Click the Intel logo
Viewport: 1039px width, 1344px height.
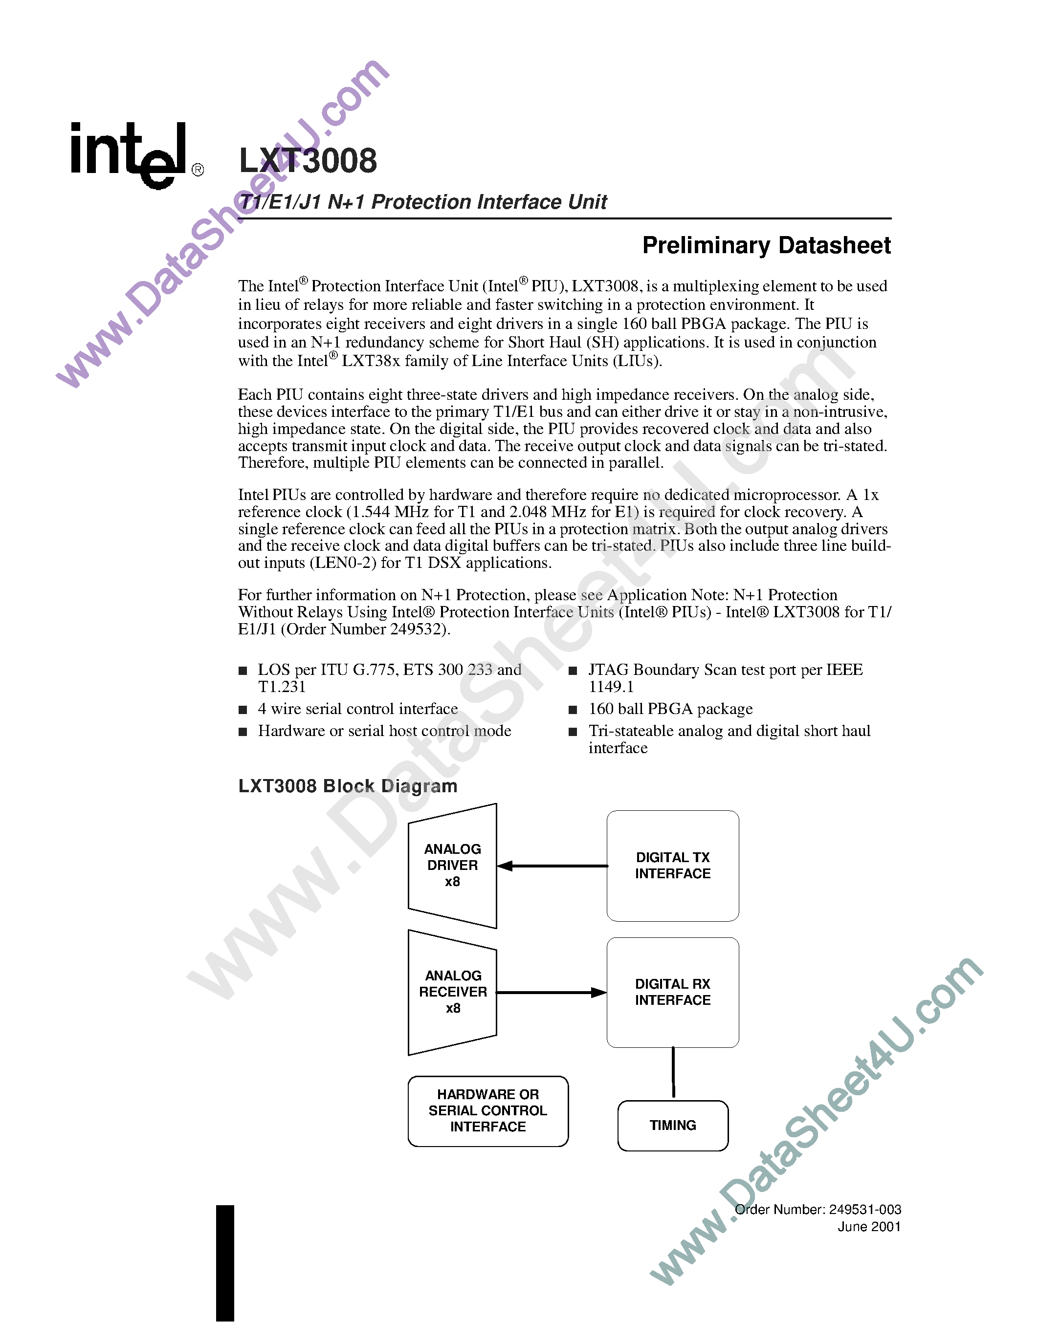tap(129, 154)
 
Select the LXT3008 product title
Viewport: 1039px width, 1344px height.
tap(308, 161)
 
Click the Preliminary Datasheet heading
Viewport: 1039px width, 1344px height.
tap(766, 245)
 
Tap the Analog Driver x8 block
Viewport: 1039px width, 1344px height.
tap(452, 865)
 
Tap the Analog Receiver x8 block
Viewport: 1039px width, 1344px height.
tap(452, 992)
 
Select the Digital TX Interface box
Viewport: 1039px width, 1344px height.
tap(672, 865)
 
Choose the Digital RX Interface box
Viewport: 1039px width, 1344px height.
tap(672, 992)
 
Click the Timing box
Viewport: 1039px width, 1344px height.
tap(673, 1125)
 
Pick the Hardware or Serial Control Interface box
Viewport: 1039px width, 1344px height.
tap(487, 1111)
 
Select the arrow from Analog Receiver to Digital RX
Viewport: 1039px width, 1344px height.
tap(551, 992)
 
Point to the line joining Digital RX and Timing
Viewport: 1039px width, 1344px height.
tap(673, 1072)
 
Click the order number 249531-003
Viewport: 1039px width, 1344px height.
tap(865, 1209)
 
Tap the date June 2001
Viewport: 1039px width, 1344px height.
tap(869, 1227)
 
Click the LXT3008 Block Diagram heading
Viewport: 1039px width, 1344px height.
tap(348, 786)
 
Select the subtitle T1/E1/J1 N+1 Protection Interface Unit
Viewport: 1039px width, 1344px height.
tap(423, 202)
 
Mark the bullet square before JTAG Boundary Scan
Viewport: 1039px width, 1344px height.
tap(573, 671)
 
